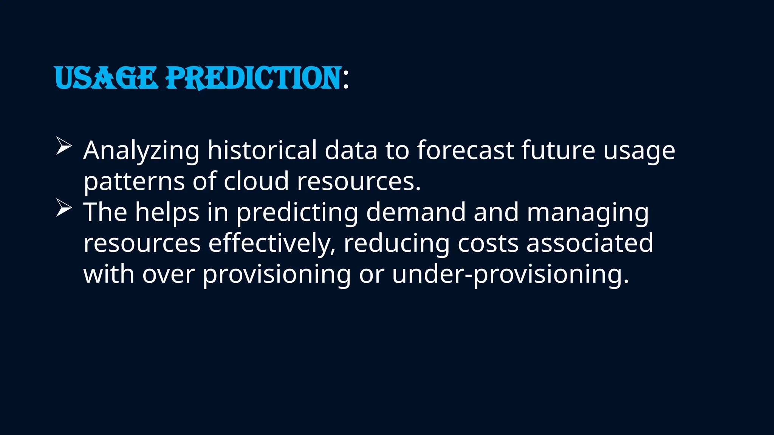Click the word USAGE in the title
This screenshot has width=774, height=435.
pos(106,78)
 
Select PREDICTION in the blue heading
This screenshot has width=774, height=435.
pos(254,78)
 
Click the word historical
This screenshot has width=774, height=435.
pos(262,150)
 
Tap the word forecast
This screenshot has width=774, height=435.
pos(465,150)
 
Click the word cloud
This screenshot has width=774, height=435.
pos(256,181)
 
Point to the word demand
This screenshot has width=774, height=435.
pos(416,212)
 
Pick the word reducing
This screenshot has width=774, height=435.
pos(396,244)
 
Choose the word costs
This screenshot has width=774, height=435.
pos(488,244)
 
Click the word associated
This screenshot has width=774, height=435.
pos(590,243)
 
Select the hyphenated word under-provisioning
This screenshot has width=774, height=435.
pos(510,275)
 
